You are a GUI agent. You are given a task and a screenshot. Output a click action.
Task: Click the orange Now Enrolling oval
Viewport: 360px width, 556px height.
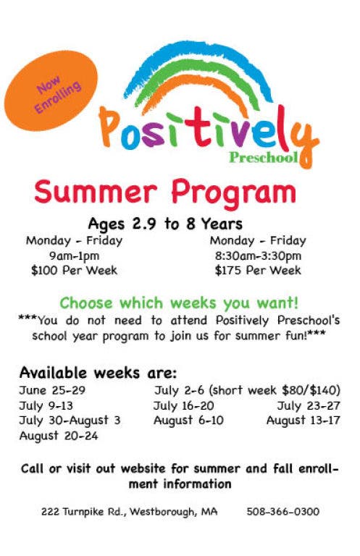(x=51, y=90)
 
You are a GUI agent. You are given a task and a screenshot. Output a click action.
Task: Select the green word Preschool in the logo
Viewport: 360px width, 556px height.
(x=263, y=157)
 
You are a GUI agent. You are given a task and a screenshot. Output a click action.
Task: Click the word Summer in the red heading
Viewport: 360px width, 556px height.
(x=96, y=192)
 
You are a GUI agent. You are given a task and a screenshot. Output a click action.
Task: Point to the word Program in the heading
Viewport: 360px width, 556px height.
(x=233, y=194)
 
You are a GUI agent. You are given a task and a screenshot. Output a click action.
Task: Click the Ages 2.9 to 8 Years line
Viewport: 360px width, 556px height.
(x=165, y=224)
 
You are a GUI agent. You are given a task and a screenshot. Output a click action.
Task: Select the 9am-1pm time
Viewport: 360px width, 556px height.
(x=74, y=256)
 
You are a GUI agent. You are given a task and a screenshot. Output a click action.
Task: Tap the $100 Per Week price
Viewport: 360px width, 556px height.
(x=74, y=270)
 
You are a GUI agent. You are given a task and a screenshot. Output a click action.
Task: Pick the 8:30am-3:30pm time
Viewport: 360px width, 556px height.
(x=258, y=256)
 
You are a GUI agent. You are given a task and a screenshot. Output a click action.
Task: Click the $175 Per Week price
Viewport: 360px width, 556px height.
(x=258, y=270)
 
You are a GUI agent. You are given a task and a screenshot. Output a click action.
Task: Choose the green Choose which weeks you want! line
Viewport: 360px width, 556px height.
(x=179, y=303)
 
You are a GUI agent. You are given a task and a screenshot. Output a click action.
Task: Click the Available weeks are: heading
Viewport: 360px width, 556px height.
(x=98, y=373)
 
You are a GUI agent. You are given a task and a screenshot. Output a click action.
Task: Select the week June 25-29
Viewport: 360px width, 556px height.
(x=52, y=390)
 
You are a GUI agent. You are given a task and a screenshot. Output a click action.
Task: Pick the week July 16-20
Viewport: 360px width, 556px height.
(x=184, y=405)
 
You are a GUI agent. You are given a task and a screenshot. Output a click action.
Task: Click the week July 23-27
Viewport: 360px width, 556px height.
(x=309, y=405)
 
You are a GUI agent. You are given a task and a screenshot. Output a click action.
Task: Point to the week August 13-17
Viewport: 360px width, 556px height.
(x=304, y=421)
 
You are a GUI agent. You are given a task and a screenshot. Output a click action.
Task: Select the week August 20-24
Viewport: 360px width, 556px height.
(x=59, y=436)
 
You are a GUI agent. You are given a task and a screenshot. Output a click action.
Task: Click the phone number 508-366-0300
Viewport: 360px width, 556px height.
(x=283, y=512)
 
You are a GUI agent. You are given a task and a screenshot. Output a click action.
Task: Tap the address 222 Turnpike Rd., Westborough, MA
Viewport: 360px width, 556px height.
(x=130, y=512)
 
